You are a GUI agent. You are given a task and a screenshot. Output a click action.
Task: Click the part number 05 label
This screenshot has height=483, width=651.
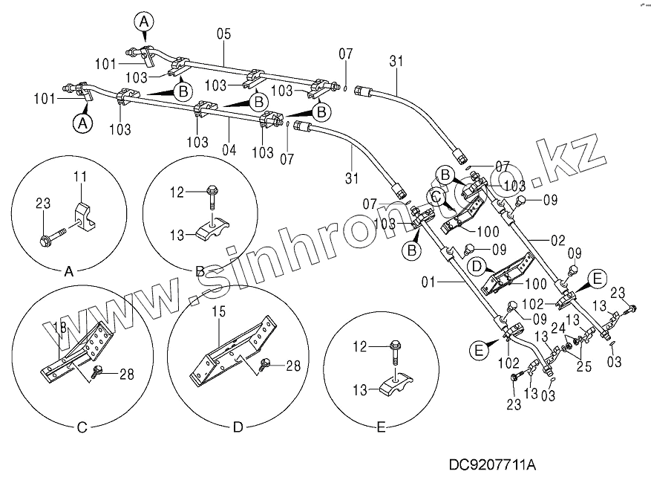point(223,34)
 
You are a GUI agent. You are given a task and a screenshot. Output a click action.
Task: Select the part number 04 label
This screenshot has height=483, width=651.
point(229,149)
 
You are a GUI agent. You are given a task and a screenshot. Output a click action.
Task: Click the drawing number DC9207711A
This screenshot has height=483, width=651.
point(491,466)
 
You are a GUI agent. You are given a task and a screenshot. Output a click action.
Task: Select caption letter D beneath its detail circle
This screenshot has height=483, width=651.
point(238,427)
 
